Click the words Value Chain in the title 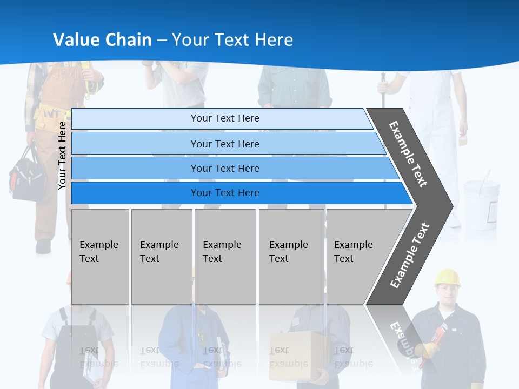[102, 40]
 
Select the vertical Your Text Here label [62, 155]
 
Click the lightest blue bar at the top [224, 118]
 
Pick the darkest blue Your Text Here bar [224, 193]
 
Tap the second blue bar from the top [224, 144]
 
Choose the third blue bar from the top [224, 168]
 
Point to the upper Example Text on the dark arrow [408, 154]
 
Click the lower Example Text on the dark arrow [410, 255]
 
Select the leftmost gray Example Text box [100, 257]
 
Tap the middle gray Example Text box [225, 257]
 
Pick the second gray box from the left [161, 257]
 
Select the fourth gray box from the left [291, 257]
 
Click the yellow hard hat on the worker [447, 278]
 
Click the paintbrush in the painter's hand [463, 140]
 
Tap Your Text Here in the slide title [232, 40]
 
